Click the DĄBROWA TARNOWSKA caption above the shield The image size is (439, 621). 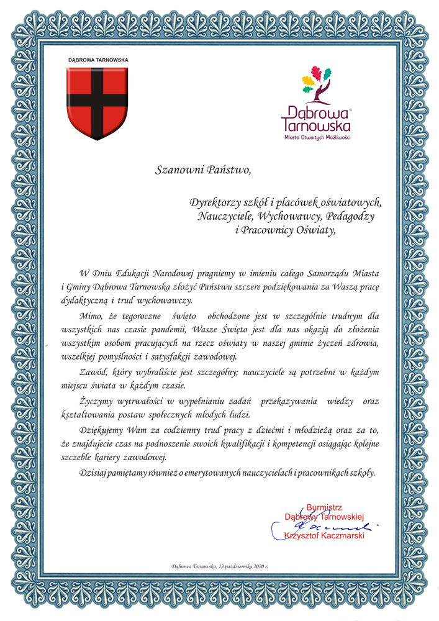click(98, 60)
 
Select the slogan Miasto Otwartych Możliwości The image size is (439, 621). click(317, 137)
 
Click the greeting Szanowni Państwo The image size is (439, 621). click(202, 169)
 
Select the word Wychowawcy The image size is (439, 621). click(291, 217)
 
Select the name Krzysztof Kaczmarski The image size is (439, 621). click(324, 536)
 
